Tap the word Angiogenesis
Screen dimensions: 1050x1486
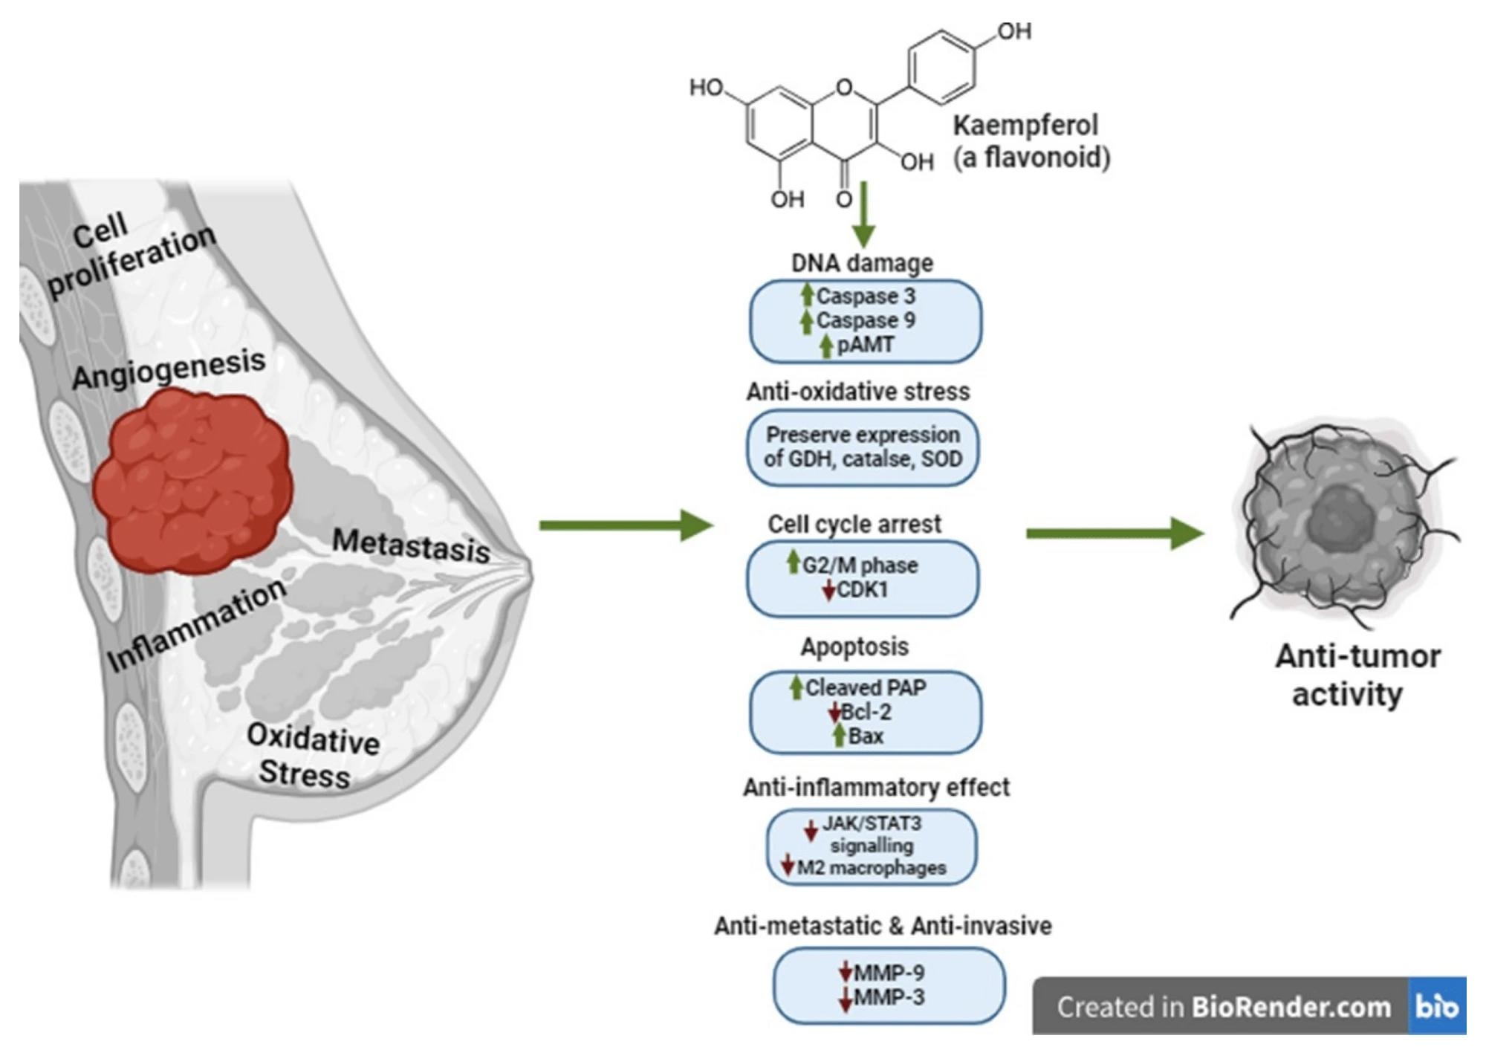tap(169, 369)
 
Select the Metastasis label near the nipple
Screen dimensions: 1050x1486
tap(411, 545)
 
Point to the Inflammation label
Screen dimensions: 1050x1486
tap(197, 625)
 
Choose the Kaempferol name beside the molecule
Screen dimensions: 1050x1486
tap(1025, 126)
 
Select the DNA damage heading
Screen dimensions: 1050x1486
tap(862, 263)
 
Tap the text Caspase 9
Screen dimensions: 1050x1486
tap(866, 320)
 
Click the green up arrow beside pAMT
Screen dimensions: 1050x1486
tap(825, 346)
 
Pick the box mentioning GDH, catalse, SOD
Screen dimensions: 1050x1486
tap(863, 447)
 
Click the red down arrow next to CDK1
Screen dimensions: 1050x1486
tap(829, 592)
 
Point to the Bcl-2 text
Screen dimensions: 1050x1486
tap(866, 712)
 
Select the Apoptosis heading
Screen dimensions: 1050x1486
tap(854, 646)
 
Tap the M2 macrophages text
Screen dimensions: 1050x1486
tap(872, 867)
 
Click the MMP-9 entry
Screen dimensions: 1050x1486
tap(889, 972)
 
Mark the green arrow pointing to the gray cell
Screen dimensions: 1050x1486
tap(1114, 533)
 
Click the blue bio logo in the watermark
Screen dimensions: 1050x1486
tap(1436, 1006)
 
